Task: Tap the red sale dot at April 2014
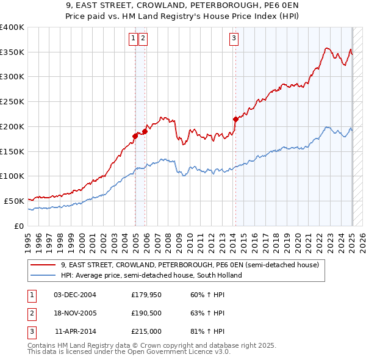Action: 235,119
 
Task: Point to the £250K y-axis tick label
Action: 12,101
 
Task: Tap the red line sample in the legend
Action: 43,265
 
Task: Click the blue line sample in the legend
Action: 43,275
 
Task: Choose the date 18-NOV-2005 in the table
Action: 74,313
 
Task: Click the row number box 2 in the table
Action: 32,313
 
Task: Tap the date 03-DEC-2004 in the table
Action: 74,295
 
